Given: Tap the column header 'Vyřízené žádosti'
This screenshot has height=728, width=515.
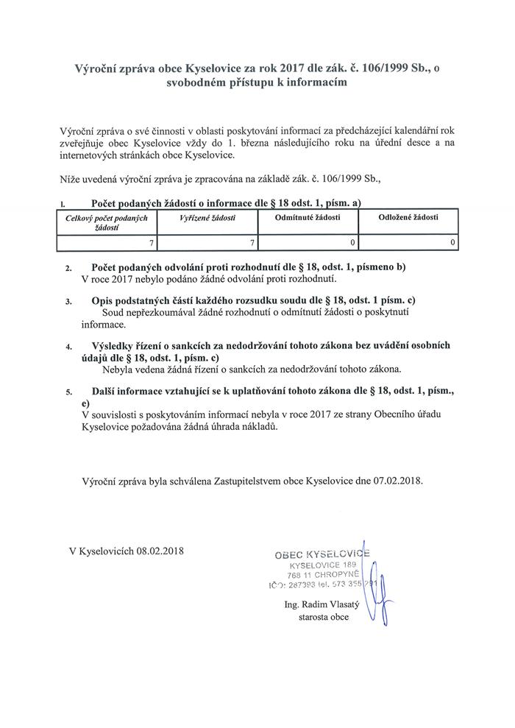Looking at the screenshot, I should (207, 218).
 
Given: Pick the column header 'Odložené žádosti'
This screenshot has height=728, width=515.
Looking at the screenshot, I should (408, 218).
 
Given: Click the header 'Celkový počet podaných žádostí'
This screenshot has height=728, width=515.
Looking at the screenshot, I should (107, 223).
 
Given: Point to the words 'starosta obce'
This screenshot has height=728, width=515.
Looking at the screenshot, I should (319, 617).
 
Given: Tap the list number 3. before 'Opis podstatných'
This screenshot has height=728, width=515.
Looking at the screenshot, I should (68, 302).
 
